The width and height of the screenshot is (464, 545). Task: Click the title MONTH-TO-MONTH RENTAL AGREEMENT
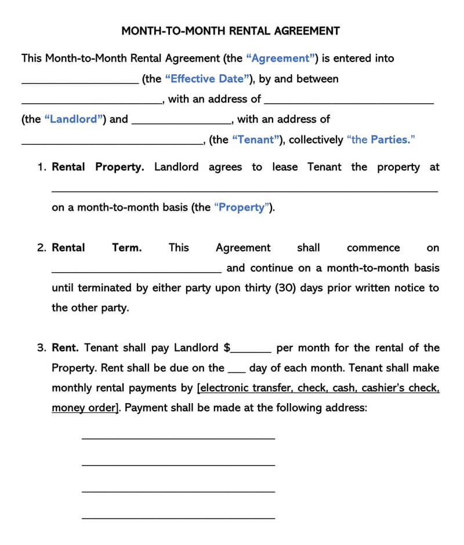pos(230,31)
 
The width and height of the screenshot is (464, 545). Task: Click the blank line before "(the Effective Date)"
pos(80,82)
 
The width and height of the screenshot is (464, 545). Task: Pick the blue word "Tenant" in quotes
pos(258,140)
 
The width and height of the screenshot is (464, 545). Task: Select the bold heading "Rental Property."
pos(98,167)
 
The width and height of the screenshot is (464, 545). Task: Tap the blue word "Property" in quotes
pos(242,208)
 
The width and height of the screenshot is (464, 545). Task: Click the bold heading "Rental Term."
pos(96,248)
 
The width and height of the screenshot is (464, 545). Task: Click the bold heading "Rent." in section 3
pos(65,348)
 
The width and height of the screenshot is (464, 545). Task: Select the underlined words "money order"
pos(84,408)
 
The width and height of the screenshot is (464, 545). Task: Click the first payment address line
pos(178,437)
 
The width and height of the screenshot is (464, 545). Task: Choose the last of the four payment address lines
pos(178,517)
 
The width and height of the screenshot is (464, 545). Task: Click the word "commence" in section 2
pos(373,248)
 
